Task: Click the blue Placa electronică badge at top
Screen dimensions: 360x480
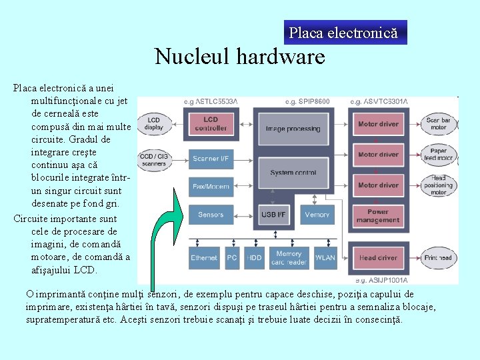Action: (x=345, y=33)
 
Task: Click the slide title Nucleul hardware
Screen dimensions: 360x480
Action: (x=240, y=56)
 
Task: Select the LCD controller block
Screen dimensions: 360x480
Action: (x=211, y=123)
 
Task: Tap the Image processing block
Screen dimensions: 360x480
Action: (x=293, y=129)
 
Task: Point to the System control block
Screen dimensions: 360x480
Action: (x=293, y=173)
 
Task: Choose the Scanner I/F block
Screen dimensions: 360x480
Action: (x=211, y=159)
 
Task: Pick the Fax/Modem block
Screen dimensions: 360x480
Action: (x=211, y=187)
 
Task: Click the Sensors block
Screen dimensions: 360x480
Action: (x=211, y=215)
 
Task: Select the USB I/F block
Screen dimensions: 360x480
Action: (x=273, y=215)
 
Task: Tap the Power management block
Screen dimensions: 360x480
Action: (x=378, y=215)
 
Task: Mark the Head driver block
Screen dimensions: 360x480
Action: (x=378, y=258)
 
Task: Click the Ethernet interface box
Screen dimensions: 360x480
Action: (x=204, y=258)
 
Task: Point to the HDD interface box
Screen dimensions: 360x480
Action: (x=255, y=258)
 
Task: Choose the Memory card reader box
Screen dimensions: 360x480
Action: (x=289, y=258)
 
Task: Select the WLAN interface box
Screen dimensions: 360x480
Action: (x=325, y=258)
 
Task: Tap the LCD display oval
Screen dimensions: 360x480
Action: (x=153, y=123)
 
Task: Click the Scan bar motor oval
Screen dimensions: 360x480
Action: (x=438, y=123)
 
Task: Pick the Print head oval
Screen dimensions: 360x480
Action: (x=438, y=258)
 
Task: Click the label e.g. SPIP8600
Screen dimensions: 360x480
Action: (x=307, y=101)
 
